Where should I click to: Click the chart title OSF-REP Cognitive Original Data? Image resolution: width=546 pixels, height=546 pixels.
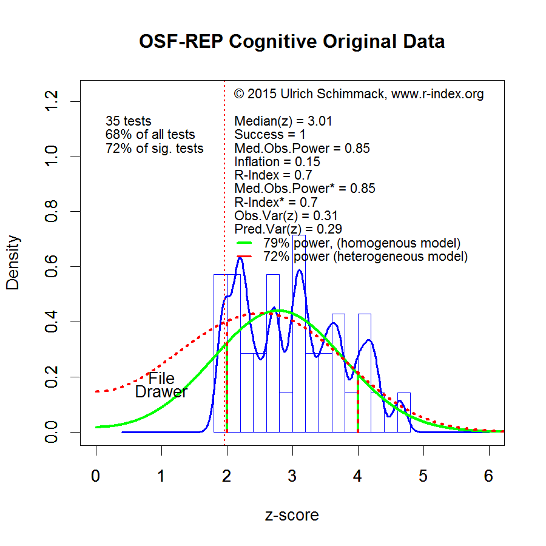292,42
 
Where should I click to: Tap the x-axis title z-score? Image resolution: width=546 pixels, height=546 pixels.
292,515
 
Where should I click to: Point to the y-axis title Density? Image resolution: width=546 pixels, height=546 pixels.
13,262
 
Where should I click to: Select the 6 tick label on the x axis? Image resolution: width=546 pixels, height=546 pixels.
489,476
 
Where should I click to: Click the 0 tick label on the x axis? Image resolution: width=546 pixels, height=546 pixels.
96,476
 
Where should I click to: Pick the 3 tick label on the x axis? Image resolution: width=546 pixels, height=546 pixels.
292,476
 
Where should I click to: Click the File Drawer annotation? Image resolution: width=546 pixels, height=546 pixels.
161,385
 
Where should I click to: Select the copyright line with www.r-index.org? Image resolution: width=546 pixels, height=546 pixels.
359,94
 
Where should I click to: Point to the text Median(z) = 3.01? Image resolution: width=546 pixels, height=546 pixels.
283,121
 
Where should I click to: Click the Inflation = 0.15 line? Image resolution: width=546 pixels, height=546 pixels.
277,162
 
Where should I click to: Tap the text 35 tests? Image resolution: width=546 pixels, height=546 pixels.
129,121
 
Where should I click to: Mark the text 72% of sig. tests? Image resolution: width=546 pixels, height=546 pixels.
155,149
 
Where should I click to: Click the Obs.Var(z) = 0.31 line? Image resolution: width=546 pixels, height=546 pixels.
286,215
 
